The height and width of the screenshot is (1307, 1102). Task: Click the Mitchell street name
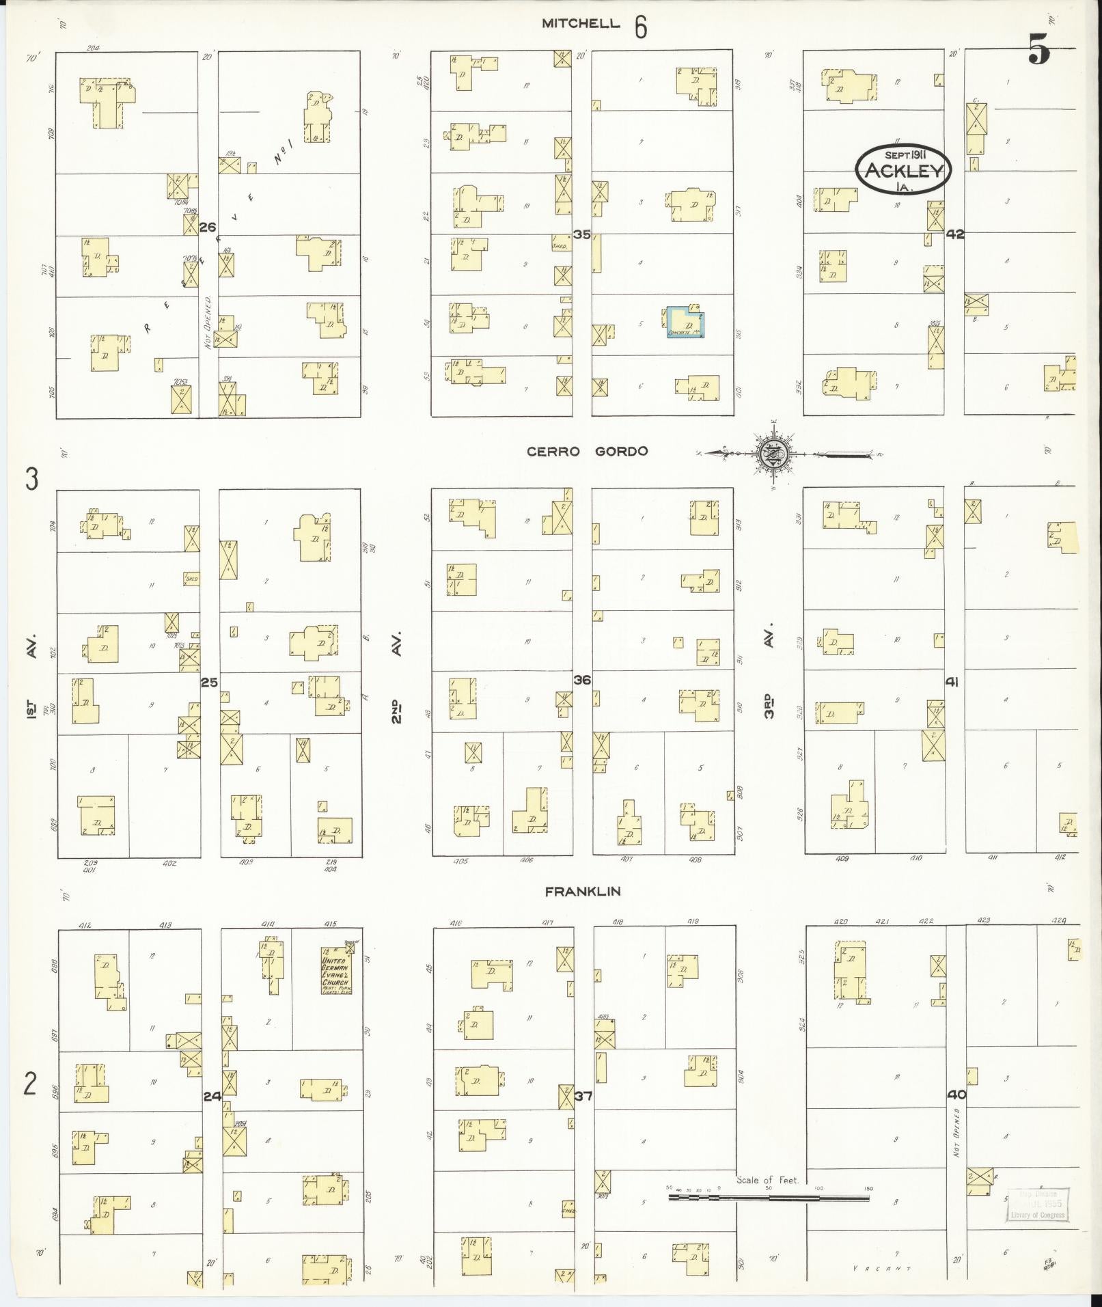point(581,24)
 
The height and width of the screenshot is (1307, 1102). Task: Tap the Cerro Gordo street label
point(587,452)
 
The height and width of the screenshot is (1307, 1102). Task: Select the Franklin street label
point(583,891)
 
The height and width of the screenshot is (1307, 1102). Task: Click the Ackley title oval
point(903,169)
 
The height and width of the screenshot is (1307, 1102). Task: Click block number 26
point(208,227)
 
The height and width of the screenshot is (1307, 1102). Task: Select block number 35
point(582,234)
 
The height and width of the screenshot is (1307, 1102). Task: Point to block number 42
point(955,234)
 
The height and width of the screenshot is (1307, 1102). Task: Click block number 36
point(582,680)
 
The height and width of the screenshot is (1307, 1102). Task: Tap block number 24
point(212,1097)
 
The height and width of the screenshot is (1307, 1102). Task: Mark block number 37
point(583,1097)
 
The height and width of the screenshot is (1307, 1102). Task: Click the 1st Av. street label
point(31,679)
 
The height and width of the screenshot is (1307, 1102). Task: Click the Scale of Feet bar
point(769,1198)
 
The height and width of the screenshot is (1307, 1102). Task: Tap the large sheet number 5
point(1039,49)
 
